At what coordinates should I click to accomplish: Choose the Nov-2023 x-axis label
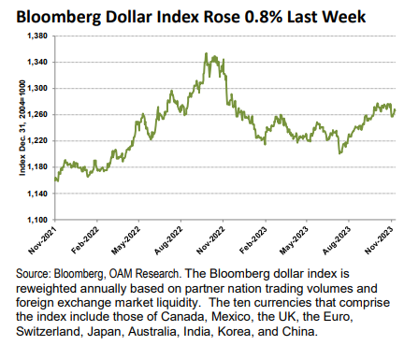pos(386,241)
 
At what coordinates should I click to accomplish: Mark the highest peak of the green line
pos(206,54)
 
